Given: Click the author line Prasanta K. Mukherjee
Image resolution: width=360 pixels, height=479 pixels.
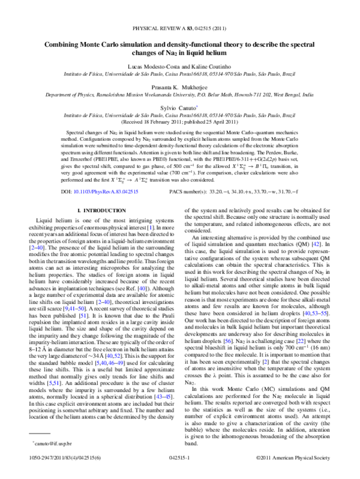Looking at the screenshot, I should click(x=180, y=87).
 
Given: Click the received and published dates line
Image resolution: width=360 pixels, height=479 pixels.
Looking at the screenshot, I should click(x=180, y=120).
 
